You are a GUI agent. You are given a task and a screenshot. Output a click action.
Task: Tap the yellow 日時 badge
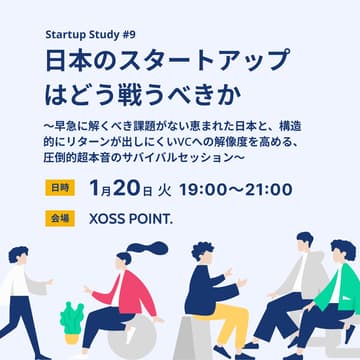pos(57,187)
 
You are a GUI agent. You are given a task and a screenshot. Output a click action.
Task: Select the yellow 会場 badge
pos(57,217)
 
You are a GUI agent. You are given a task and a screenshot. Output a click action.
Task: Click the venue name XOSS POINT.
pos(134,217)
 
